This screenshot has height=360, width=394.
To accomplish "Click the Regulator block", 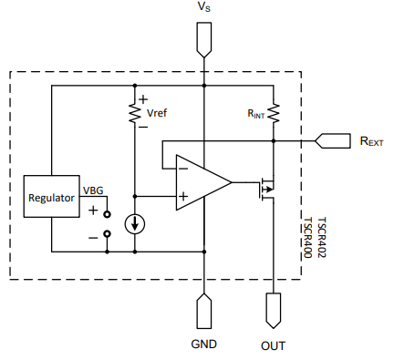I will coord(52,198).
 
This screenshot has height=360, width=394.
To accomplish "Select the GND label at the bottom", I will coord(203,345).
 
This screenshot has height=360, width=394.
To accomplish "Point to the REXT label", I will coord(371,141).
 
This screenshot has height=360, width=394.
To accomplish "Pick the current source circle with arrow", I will coord(134,223).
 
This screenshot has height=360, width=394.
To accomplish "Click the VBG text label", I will coord(94,191).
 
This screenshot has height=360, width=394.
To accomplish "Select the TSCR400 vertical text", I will coord(308,238).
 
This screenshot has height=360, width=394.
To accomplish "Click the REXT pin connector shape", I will coord(333,141).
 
